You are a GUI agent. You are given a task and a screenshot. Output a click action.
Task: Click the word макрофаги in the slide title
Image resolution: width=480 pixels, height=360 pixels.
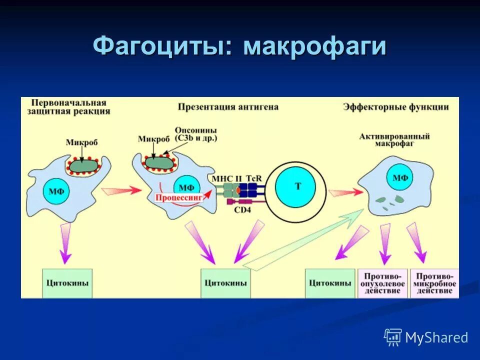[315, 47]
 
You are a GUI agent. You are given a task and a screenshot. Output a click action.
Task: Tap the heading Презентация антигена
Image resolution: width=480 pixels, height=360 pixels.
[228, 107]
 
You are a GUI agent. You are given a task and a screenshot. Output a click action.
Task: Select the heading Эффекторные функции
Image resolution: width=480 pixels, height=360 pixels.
[395, 107]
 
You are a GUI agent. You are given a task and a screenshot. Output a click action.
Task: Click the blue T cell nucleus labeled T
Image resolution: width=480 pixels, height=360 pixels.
[298, 186]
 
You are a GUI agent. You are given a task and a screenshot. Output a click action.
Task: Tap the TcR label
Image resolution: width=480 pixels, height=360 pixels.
[253, 178]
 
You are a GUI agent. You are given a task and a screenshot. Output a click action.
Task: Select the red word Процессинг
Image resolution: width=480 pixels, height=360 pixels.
[178, 198]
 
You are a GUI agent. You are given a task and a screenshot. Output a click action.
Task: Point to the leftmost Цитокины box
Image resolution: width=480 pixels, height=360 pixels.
[67, 283]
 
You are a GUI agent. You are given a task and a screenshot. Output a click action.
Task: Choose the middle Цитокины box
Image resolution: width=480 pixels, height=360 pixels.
[225, 283]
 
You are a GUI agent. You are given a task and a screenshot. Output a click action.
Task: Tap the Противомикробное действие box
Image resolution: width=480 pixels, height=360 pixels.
[434, 283]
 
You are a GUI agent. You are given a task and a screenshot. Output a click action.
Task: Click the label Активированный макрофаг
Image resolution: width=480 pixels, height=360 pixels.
[395, 139]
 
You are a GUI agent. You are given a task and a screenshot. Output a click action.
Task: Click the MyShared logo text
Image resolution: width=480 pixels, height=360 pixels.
[436, 338]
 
